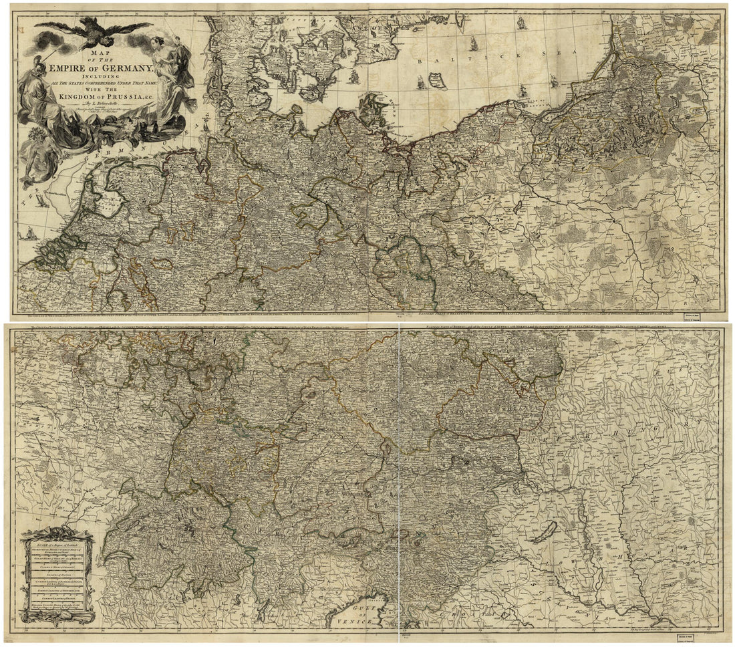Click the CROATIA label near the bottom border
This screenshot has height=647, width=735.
(468, 618)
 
